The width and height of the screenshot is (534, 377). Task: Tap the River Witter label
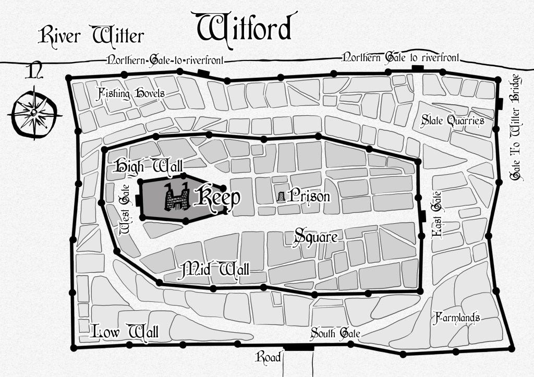tap(92, 35)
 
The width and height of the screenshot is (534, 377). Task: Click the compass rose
tap(33, 112)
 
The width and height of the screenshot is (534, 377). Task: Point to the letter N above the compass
tap(34, 72)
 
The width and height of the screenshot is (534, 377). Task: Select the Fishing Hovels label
tap(132, 93)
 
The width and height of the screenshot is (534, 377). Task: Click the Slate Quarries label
tap(453, 120)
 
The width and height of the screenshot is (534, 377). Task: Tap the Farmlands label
tap(456, 318)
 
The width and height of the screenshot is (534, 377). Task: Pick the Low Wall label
tap(125, 331)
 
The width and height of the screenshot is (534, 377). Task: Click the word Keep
tap(217, 198)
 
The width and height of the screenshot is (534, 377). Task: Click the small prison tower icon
tap(282, 197)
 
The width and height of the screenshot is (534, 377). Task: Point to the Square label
tap(316, 236)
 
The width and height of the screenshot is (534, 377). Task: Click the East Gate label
tap(437, 215)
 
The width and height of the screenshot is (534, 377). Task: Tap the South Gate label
tap(336, 333)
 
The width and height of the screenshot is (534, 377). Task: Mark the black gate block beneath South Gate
tap(298, 347)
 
